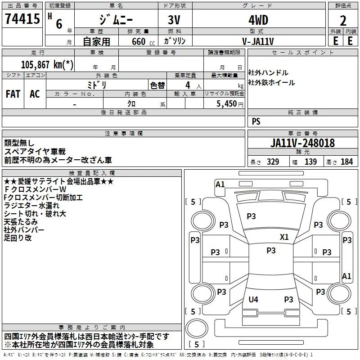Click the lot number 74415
coord(22,19)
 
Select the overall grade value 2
coord(343,21)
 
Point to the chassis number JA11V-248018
coord(302,143)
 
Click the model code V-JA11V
coord(258,41)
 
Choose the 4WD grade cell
coord(258,20)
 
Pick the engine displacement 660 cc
coord(143,41)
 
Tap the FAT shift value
coord(13,94)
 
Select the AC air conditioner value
coord(35,94)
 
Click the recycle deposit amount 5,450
coord(226,104)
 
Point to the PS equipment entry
coord(256,121)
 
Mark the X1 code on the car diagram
coord(284,237)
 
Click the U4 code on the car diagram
coord(253,299)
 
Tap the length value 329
coord(273,162)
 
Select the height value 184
coord(346,162)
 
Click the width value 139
coord(310,162)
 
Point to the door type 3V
coord(174,20)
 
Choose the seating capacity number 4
coord(188,85)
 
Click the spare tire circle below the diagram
coord(197,328)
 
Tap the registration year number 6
coord(59,24)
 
